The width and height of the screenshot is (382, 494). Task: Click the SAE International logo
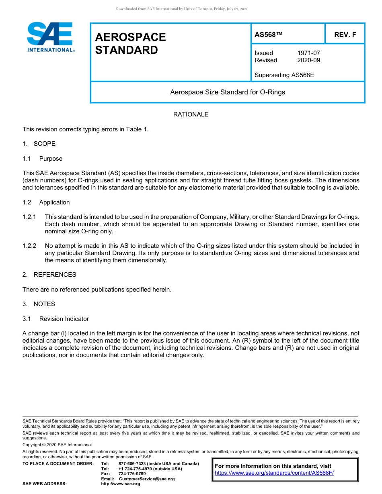(x=51, y=37)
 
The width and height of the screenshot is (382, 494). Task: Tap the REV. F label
(x=345, y=35)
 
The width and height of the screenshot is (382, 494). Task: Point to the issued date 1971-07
(x=308, y=53)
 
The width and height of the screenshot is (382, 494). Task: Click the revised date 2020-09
(x=308, y=60)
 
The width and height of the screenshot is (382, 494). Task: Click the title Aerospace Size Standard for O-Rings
(x=227, y=92)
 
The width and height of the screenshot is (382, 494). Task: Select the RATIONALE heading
(x=191, y=114)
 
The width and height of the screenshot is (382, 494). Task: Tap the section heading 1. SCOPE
(x=39, y=144)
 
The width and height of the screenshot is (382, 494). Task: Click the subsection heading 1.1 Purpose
(x=43, y=159)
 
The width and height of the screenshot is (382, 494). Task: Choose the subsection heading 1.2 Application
(x=46, y=202)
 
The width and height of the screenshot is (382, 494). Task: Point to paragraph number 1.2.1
(x=29, y=217)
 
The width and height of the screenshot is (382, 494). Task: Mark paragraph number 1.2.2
(x=29, y=246)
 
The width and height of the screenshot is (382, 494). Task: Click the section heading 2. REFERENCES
(x=49, y=275)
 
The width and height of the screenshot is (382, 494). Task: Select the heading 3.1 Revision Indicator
(x=56, y=319)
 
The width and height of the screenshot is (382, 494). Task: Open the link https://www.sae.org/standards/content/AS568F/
(x=274, y=473)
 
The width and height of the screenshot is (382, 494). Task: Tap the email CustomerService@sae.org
(x=147, y=479)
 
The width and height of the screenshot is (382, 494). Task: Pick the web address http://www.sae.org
(x=121, y=484)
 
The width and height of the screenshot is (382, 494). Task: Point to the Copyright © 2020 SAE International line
(x=57, y=445)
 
